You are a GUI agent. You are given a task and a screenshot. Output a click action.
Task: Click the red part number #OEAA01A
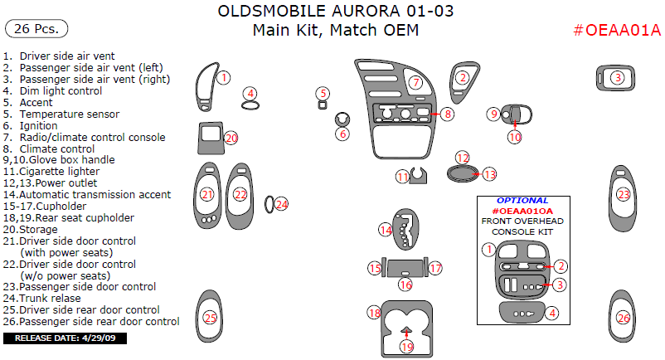[x=617, y=31]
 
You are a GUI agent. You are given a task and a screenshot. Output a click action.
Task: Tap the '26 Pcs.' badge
[x=36, y=29]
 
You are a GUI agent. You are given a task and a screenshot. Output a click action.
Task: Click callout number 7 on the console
[x=415, y=83]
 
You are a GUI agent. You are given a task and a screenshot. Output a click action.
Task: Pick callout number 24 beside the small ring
[x=282, y=203]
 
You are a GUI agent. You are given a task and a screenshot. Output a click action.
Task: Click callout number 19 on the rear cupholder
[x=406, y=346]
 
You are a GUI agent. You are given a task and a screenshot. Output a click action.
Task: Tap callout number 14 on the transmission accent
[x=386, y=229]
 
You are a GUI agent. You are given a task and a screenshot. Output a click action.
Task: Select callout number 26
[x=623, y=318]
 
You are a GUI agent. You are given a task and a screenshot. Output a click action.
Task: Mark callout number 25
[x=210, y=318]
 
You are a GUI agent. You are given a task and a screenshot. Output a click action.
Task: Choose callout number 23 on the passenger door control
[x=624, y=194]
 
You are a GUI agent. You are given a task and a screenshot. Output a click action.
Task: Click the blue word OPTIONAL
[x=522, y=201]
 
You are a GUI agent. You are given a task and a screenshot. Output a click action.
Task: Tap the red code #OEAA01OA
[x=522, y=211]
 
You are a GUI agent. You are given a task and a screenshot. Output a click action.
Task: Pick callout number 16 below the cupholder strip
[x=405, y=285]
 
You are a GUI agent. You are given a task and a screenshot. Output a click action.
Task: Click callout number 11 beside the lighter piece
[x=402, y=177]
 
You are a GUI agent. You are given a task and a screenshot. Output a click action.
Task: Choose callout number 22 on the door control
[x=240, y=194]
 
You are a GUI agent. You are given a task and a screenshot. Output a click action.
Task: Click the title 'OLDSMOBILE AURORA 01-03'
[x=335, y=12]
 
